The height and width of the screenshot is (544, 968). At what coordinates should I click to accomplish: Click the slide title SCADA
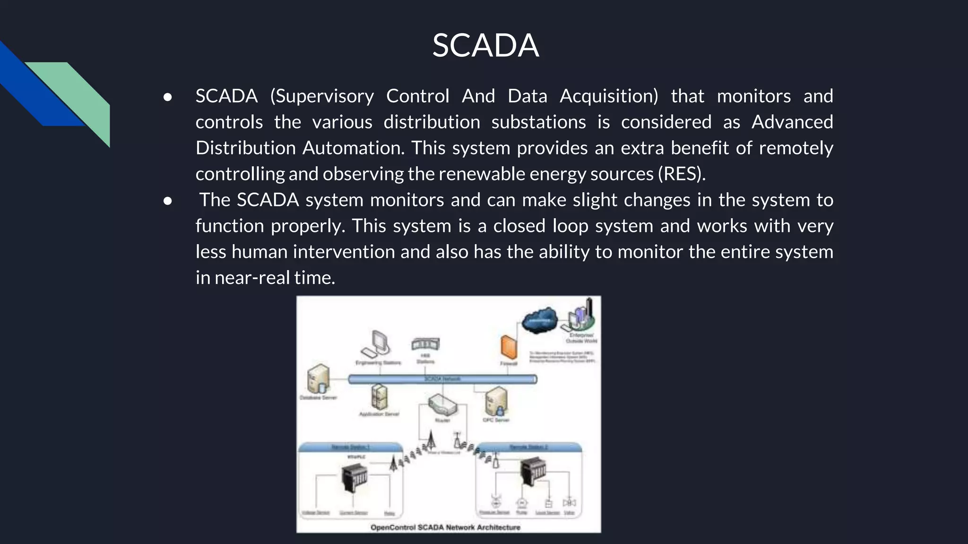click(x=485, y=46)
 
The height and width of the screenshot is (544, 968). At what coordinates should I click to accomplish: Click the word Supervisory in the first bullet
click(x=324, y=96)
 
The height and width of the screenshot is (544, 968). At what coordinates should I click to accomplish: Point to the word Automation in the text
click(x=353, y=148)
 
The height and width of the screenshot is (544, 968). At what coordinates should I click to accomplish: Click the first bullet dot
click(x=167, y=97)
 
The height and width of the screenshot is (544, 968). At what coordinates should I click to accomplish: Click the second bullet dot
click(x=167, y=201)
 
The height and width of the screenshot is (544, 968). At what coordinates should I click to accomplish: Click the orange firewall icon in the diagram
click(x=509, y=347)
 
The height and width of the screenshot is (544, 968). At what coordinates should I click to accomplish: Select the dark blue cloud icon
click(x=540, y=320)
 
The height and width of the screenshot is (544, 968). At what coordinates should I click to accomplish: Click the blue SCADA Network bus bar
click(x=442, y=379)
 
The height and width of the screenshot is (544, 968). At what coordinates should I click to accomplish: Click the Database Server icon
click(x=319, y=379)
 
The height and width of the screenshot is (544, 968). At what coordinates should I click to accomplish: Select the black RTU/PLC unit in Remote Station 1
click(x=354, y=477)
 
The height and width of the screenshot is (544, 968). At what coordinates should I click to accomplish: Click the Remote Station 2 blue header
click(x=528, y=447)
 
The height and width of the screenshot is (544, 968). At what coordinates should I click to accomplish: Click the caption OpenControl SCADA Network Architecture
click(x=445, y=527)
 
